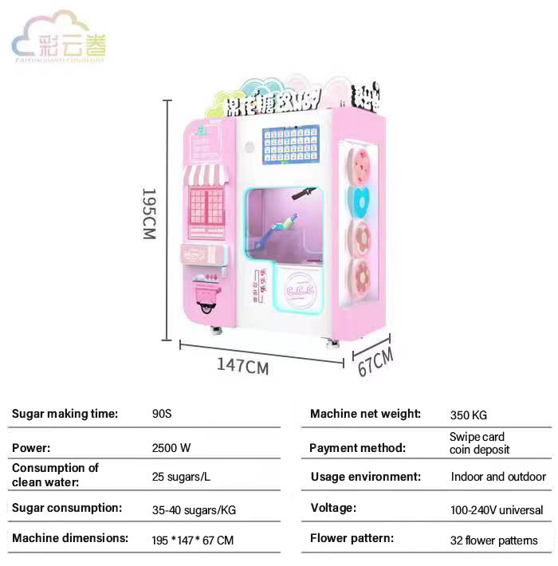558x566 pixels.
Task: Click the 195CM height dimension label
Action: (148, 214)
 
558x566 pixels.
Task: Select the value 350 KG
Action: (468, 415)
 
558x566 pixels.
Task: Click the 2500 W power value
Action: (171, 447)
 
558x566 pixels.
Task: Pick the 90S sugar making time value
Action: (162, 414)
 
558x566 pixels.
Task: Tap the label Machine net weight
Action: (365, 414)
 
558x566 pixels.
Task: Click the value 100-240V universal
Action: (497, 509)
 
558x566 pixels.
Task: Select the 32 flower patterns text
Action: (493, 540)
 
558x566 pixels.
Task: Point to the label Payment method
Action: (357, 447)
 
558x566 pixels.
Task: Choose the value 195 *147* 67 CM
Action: (192, 540)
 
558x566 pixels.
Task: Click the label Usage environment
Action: (365, 477)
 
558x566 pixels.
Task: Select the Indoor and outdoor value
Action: (498, 477)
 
